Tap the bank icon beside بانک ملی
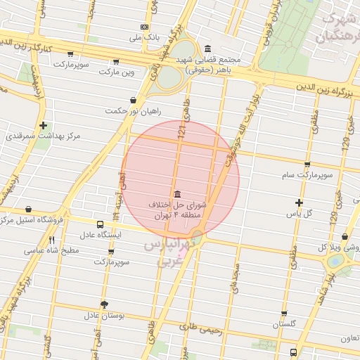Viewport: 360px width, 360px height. (144, 26)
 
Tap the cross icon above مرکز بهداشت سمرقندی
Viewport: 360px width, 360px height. (44, 124)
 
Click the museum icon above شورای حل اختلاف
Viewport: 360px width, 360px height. (176, 193)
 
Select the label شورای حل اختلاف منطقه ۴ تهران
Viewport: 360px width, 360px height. (177, 209)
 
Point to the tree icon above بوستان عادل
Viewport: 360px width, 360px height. (105, 304)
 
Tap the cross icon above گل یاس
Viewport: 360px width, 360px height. (299, 202)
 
